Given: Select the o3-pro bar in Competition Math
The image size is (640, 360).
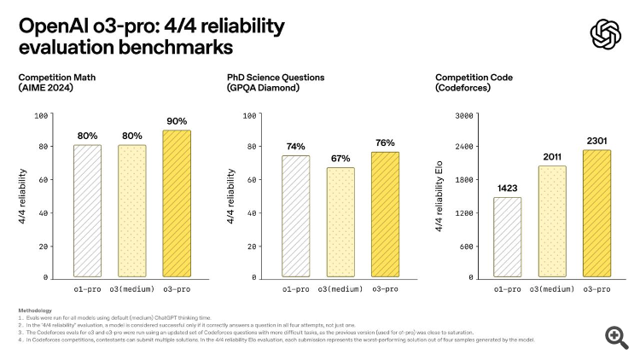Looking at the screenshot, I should click(x=176, y=203).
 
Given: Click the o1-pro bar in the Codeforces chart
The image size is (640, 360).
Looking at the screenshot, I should click(x=508, y=237).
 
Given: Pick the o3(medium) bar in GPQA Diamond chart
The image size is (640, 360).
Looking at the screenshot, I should click(x=340, y=222).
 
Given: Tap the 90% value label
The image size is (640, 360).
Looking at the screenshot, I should click(x=176, y=121).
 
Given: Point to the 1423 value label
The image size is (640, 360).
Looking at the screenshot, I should click(x=508, y=189).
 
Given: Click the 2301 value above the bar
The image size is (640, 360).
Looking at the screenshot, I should click(x=596, y=142).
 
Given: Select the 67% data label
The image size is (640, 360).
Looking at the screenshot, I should click(x=340, y=159).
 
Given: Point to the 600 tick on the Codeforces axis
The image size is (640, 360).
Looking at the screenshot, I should click(x=466, y=246).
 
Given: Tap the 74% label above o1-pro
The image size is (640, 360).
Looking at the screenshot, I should click(x=296, y=147).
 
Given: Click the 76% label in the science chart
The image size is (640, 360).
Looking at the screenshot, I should click(x=385, y=142).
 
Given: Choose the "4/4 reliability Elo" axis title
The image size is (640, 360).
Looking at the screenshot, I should click(x=439, y=196).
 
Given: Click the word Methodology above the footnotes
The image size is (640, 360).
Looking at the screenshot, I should click(x=35, y=311).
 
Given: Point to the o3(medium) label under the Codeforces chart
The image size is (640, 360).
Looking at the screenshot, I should click(x=552, y=289).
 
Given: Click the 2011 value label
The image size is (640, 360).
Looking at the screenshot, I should click(x=552, y=157).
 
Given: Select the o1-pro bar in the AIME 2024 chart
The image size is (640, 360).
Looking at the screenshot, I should click(x=88, y=211).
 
